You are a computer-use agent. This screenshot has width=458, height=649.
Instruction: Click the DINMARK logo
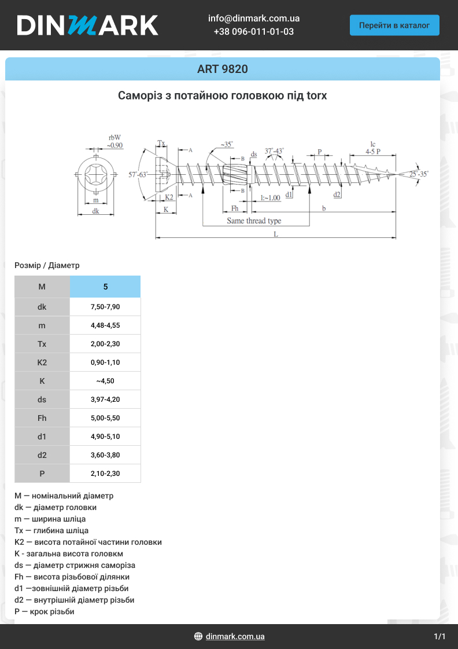coord(87,25)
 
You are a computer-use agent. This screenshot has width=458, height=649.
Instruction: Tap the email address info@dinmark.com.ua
coord(254,18)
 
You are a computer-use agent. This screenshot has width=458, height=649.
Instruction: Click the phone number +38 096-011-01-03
coord(254,31)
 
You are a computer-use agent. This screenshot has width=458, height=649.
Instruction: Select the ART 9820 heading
coord(223,69)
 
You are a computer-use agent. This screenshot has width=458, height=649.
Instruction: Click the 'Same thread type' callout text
coord(254,221)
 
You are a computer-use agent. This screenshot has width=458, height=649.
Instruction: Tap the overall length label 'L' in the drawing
coord(276,234)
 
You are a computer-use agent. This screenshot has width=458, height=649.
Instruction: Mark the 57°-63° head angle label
coord(138,174)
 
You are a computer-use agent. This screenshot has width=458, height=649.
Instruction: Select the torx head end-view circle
coord(96,174)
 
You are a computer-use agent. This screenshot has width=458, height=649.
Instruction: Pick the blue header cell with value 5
coord(105,287)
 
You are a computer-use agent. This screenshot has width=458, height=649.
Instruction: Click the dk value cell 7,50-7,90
coord(105,307)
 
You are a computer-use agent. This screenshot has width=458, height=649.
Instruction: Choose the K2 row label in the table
coord(42,362)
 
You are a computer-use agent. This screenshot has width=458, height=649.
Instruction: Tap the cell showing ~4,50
coord(105,381)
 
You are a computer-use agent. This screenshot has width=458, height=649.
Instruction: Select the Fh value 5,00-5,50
coord(105,418)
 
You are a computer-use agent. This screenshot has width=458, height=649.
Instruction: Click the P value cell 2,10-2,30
coord(105,474)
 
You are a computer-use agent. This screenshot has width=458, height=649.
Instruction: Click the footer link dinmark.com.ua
coord(235,636)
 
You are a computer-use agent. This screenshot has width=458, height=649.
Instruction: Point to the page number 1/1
coord(439,636)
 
